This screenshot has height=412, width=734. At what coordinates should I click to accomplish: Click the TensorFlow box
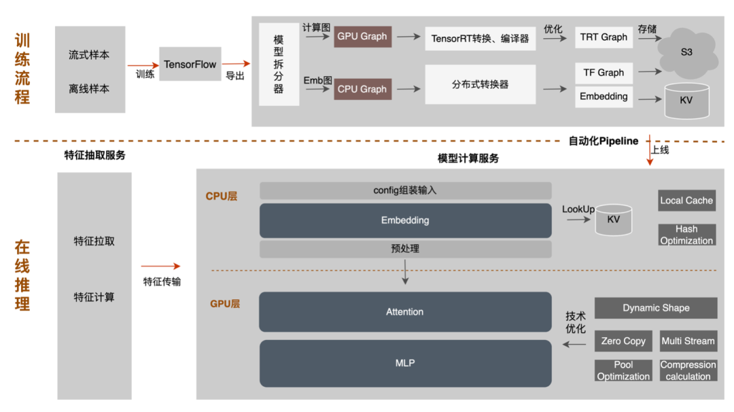click(190, 65)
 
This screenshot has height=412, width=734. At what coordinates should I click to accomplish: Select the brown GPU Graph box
click(362, 37)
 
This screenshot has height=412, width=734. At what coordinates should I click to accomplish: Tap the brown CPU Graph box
click(362, 89)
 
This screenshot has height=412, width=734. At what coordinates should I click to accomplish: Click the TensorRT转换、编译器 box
click(480, 39)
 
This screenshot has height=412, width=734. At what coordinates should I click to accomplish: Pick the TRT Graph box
click(604, 37)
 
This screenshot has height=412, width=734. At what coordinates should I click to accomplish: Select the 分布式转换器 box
click(480, 84)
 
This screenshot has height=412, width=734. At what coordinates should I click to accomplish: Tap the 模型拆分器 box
click(279, 65)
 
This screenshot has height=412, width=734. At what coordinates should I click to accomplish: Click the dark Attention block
click(405, 312)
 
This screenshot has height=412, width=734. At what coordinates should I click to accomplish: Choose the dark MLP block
click(405, 363)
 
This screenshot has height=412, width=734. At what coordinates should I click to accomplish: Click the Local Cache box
click(686, 201)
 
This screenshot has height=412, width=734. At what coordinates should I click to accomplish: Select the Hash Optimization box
click(686, 235)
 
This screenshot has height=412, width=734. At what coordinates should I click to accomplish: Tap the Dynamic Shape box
click(656, 308)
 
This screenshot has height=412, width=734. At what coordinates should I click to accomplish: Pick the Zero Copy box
click(623, 341)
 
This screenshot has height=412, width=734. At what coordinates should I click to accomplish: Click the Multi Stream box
click(688, 341)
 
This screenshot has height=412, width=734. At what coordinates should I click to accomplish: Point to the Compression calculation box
click(688, 371)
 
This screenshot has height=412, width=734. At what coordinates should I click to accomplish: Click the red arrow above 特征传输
click(161, 267)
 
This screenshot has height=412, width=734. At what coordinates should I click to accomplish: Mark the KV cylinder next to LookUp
click(613, 220)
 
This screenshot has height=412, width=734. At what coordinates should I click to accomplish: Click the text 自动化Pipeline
click(604, 141)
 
